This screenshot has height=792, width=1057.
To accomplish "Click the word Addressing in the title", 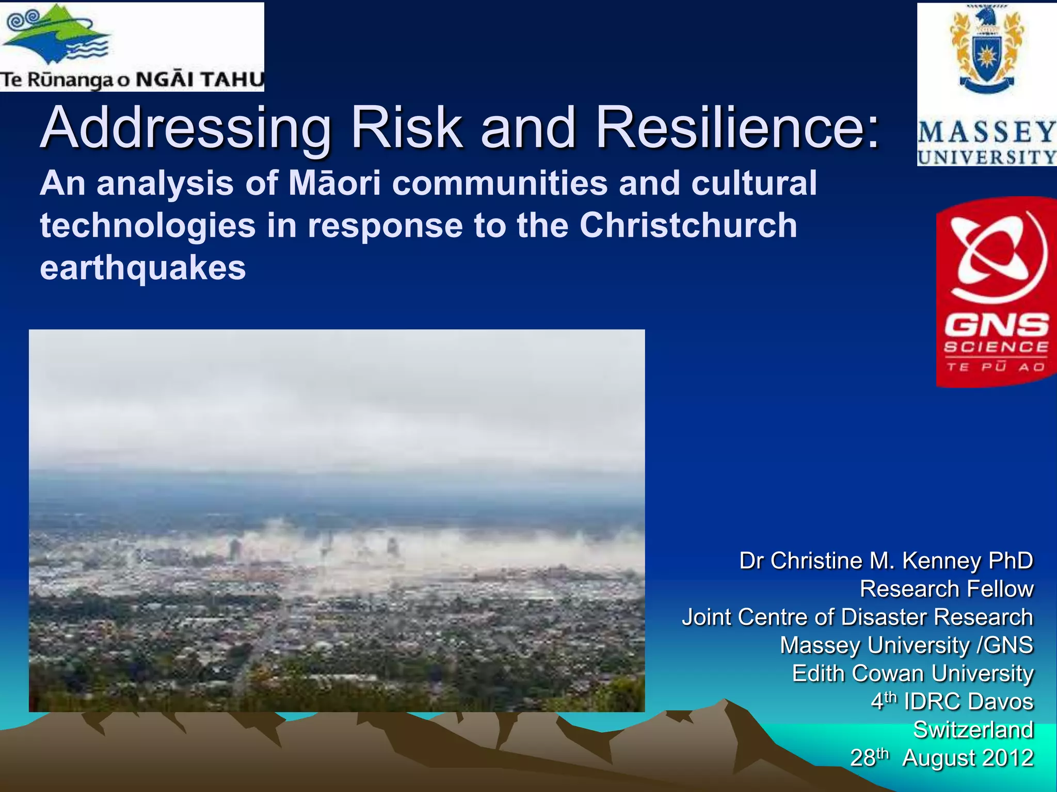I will click(x=186, y=128).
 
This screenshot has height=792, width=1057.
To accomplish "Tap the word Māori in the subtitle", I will click(x=334, y=183).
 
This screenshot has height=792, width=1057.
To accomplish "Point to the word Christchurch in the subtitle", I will click(x=688, y=225).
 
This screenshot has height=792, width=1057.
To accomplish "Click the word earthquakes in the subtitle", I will click(x=143, y=268).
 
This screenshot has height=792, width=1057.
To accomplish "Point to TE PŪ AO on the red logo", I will click(x=996, y=367).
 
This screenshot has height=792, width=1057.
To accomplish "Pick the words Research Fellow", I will click(x=947, y=589).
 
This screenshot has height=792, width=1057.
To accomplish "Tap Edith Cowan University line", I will click(x=912, y=673).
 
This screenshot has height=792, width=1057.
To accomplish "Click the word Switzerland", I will click(x=973, y=730).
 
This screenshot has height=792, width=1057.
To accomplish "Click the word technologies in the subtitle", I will click(x=148, y=225).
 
